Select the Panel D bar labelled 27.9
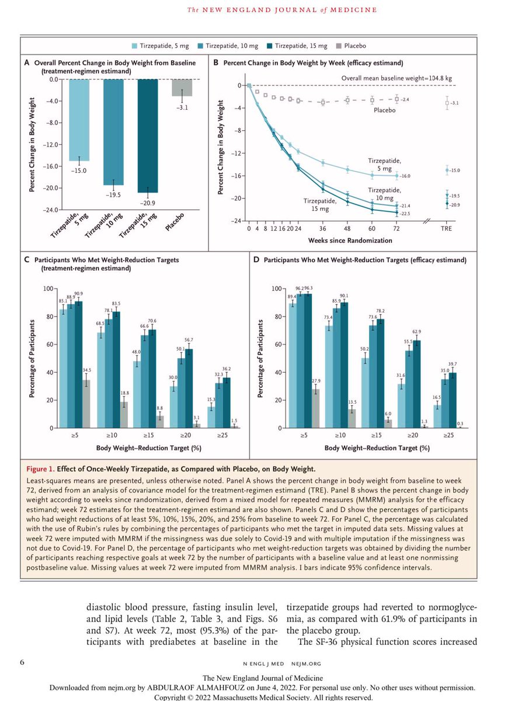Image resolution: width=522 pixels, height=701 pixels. [x=316, y=409]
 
